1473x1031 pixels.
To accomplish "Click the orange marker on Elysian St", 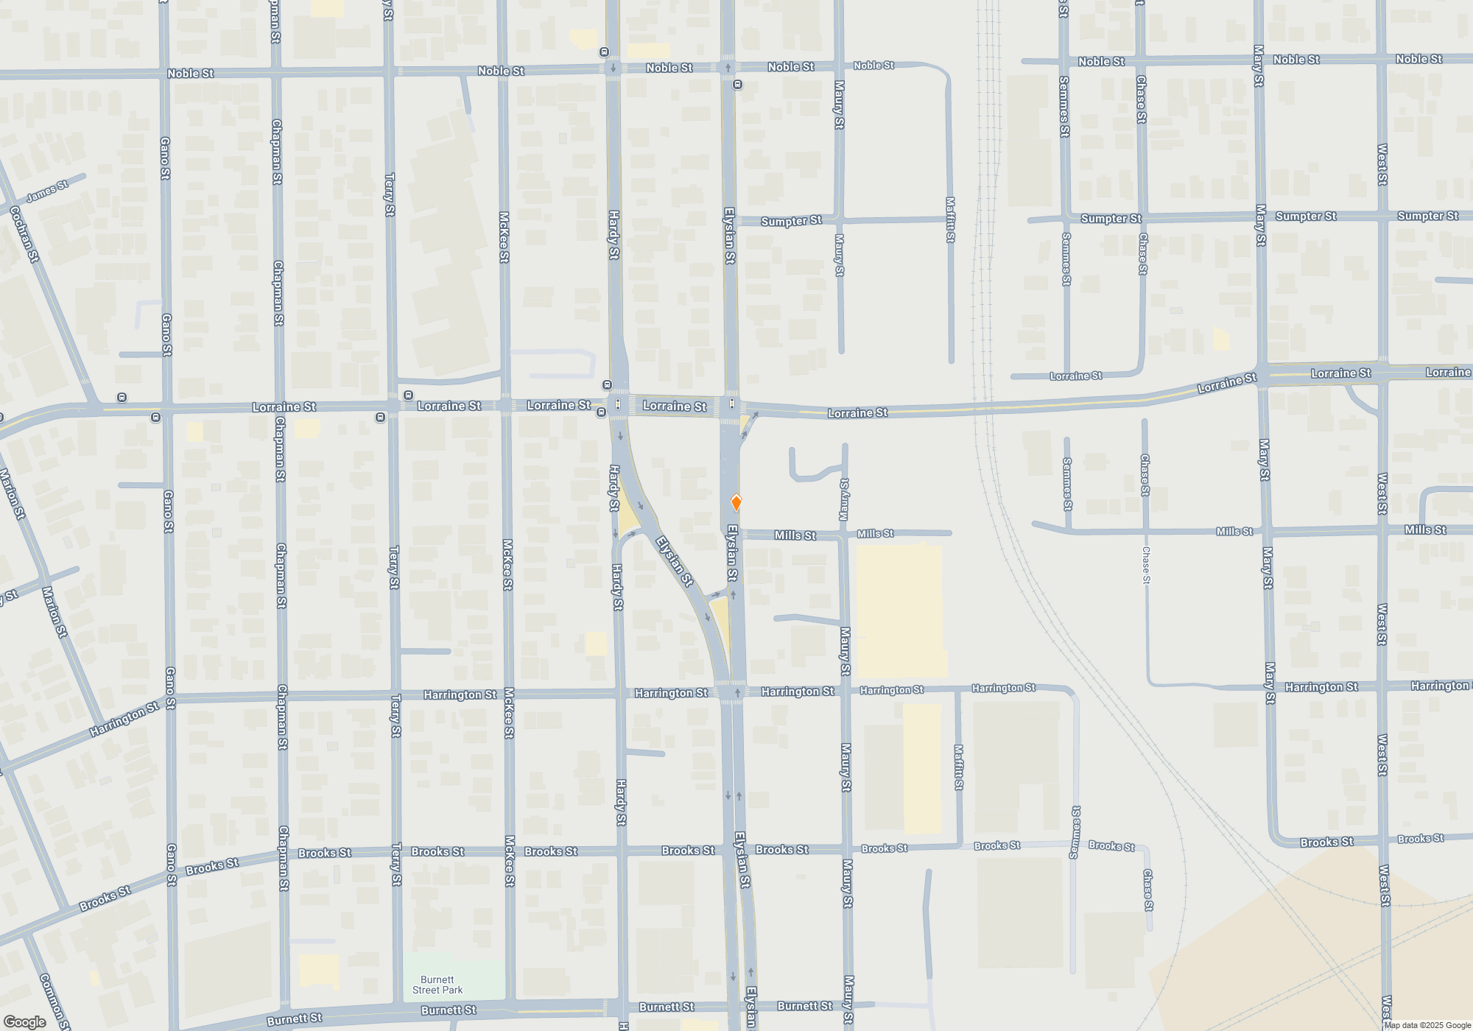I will click(x=736, y=502).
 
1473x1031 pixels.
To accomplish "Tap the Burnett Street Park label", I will click(x=437, y=985).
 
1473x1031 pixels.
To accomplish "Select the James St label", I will click(x=47, y=191).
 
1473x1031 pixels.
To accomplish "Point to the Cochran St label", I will click(x=24, y=234).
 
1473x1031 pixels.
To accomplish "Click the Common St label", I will click(x=55, y=1002).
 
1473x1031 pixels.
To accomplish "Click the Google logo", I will click(x=25, y=1021).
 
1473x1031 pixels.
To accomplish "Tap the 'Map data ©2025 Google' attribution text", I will click(x=1427, y=1025).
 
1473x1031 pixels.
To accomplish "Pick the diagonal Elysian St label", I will click(x=675, y=561).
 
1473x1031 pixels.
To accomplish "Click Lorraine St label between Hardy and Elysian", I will click(x=675, y=406).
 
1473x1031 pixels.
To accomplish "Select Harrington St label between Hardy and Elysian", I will click(x=671, y=693).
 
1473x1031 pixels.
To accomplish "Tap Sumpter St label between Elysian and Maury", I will click(x=791, y=221).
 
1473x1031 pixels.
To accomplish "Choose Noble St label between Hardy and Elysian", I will click(x=669, y=68).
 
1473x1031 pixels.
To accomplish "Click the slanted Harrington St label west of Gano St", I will click(x=124, y=719).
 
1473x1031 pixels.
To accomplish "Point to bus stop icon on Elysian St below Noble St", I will click(x=737, y=85).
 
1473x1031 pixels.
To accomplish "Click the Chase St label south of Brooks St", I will click(x=1147, y=890).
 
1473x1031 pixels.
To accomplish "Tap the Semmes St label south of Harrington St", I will click(x=1075, y=832).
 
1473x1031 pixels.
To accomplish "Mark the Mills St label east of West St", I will click(x=1425, y=530).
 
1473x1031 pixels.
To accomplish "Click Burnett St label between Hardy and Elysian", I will click(x=667, y=1007).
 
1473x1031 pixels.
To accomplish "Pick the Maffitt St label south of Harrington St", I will click(x=958, y=767).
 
